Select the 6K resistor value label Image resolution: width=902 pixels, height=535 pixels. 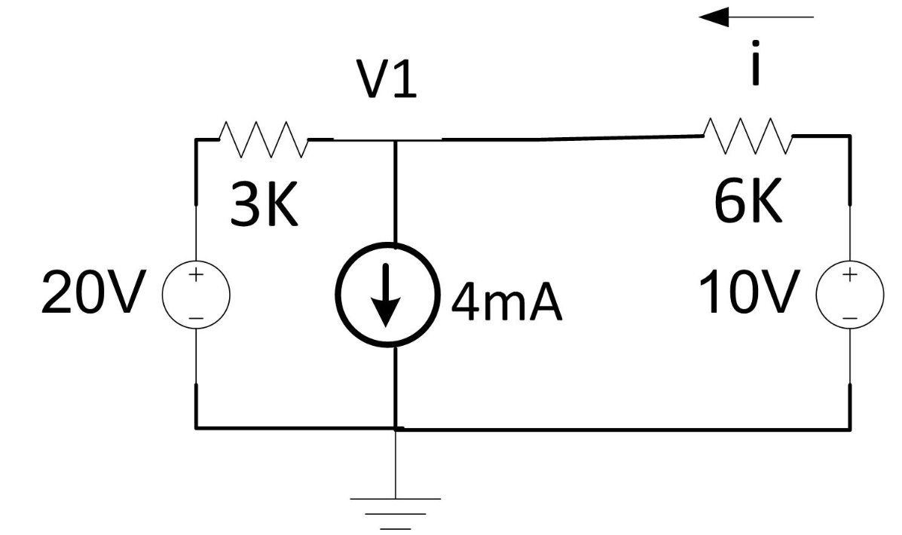click(x=750, y=204)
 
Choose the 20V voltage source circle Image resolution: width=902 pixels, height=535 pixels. click(x=195, y=297)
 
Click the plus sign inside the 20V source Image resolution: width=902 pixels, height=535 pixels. click(x=195, y=276)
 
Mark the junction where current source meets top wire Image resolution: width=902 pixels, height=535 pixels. click(x=395, y=139)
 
